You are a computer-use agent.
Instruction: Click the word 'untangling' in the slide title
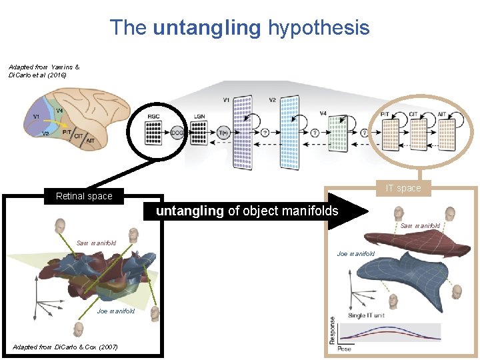(206, 28)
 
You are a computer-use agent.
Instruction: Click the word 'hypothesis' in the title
(318, 28)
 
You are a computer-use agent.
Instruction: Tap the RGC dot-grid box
(154, 129)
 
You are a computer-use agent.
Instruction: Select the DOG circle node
(177, 133)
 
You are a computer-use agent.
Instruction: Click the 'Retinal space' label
(84, 196)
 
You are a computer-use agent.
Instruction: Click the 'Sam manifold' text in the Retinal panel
(96, 243)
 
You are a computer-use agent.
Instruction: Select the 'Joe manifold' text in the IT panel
(356, 254)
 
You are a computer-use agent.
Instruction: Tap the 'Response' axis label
(332, 331)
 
